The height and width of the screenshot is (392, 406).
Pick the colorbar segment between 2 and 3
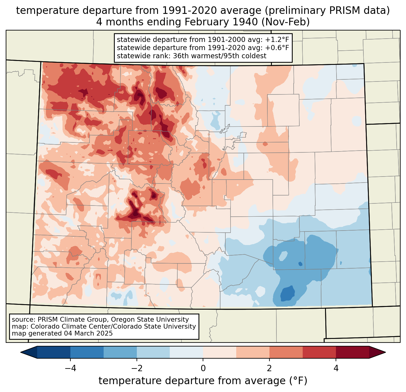(286, 352)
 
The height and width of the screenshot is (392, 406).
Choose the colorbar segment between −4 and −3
(87, 352)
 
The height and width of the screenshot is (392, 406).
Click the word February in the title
(205, 22)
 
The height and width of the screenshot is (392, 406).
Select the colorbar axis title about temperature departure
(203, 381)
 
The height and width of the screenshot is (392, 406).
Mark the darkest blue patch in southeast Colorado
(287, 293)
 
